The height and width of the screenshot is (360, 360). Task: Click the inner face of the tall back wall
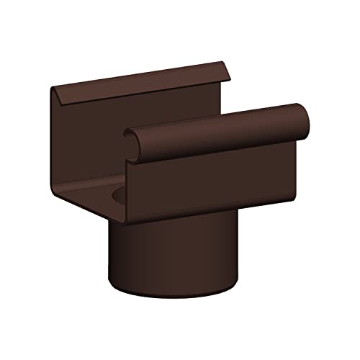tap(94, 137)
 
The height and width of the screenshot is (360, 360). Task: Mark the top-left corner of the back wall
tap(52, 88)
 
